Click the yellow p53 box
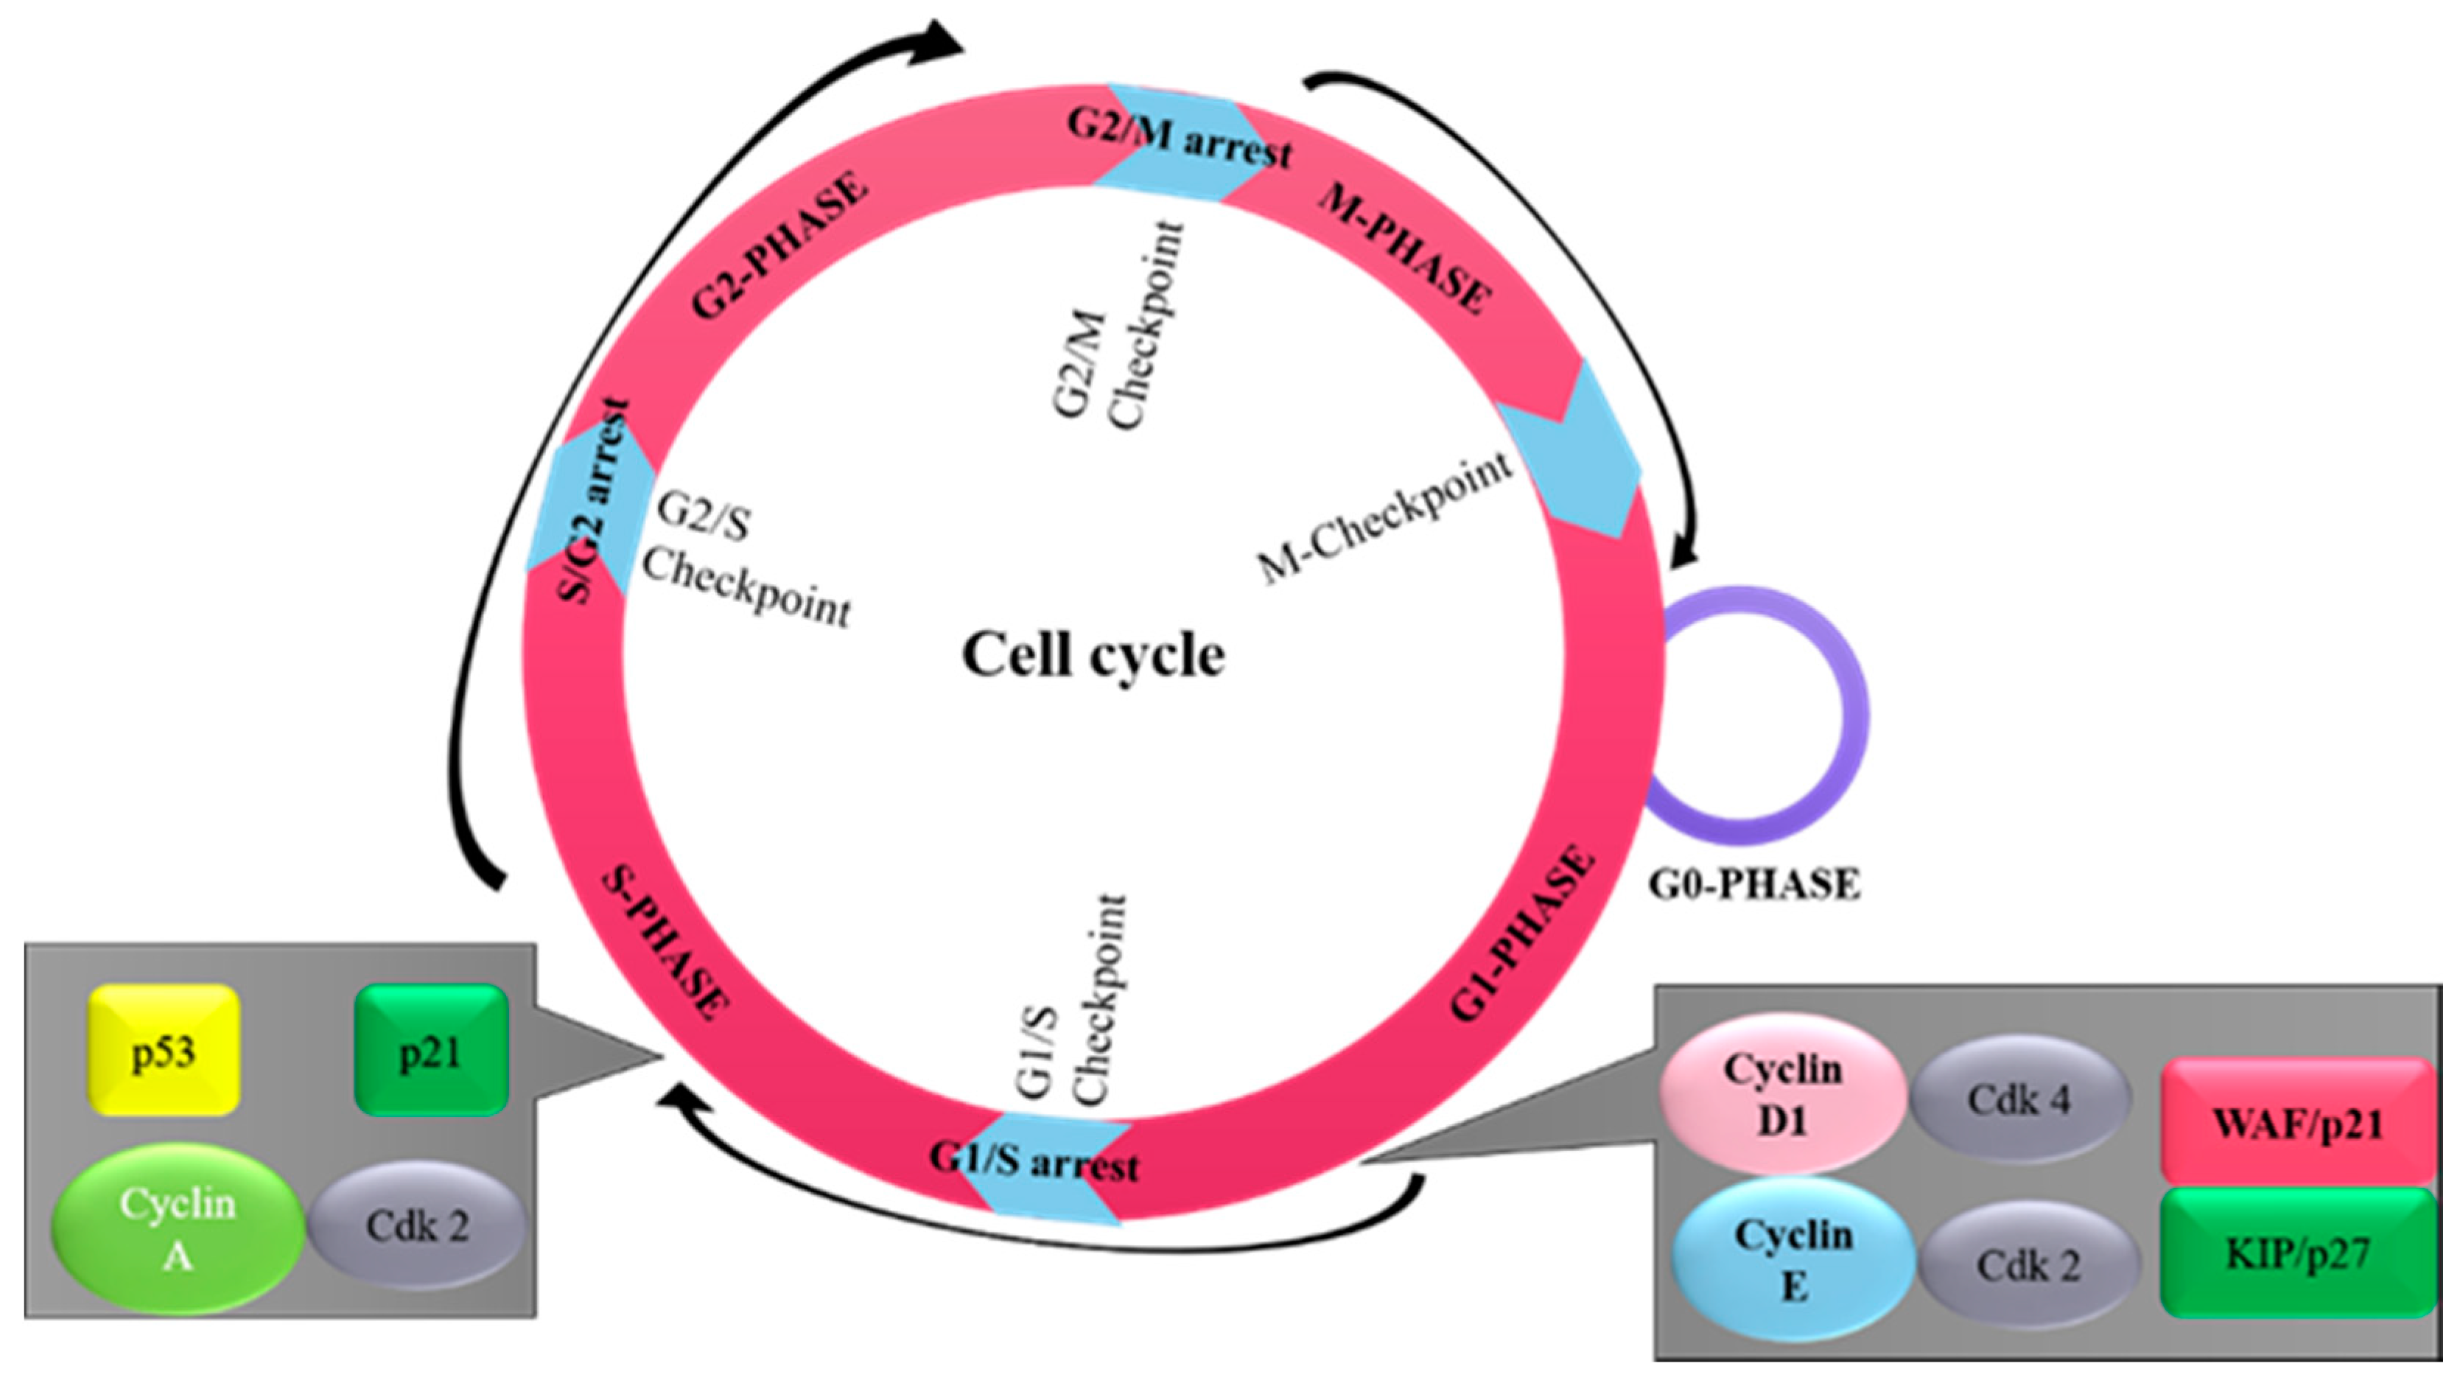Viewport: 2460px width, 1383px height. [x=164, y=1050]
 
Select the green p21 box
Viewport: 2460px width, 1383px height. [x=431, y=1050]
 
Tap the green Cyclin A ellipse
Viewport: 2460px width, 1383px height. [x=178, y=1229]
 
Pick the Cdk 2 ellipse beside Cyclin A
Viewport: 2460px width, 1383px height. [x=417, y=1225]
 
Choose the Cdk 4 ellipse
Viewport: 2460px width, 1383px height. [x=2019, y=1099]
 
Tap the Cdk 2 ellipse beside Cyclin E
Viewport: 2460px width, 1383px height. [x=2028, y=1266]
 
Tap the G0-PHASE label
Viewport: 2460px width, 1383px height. [x=1754, y=884]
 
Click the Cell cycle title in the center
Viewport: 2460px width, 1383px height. [x=1093, y=655]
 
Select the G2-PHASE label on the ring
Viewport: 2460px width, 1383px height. [x=778, y=245]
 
